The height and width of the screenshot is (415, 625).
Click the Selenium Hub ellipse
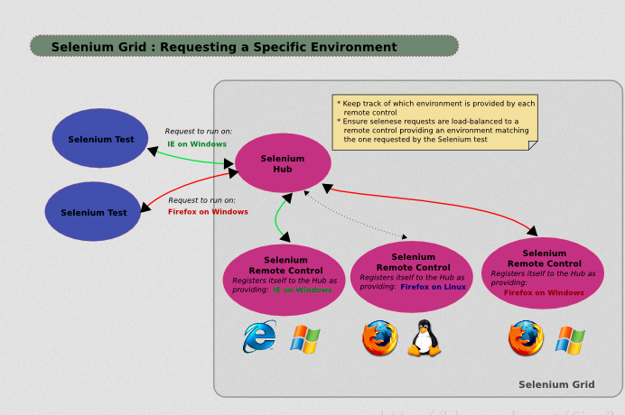coord(283,162)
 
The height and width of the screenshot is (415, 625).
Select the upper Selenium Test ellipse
coord(99,139)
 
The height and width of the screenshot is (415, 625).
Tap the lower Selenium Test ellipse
coord(94,212)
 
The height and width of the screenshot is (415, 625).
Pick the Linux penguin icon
coord(422,339)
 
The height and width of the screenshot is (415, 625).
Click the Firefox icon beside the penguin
coord(379,339)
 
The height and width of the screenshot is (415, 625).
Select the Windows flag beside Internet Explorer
coord(305,339)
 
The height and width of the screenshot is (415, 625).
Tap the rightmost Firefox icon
coord(526,339)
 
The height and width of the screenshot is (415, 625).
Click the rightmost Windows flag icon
coord(570,339)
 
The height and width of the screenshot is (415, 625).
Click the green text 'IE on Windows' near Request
coord(197,144)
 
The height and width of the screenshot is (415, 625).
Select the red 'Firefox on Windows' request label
coord(208,212)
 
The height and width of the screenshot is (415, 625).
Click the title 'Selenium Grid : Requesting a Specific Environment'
coord(224,47)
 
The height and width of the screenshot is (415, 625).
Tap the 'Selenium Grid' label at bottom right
coord(556,384)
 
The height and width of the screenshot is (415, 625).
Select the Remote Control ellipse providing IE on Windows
coord(285,274)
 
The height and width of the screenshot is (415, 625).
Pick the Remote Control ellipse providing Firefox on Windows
coord(544,272)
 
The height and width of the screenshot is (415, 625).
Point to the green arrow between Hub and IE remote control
coord(277,217)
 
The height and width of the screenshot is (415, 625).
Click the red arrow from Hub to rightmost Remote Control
coord(434,205)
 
